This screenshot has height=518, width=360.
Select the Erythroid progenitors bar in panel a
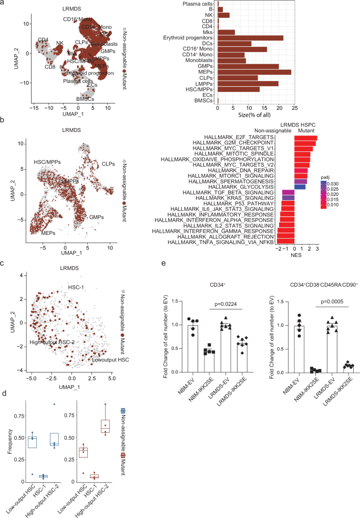(250, 38)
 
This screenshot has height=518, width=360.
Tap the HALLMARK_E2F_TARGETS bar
(305, 138)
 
